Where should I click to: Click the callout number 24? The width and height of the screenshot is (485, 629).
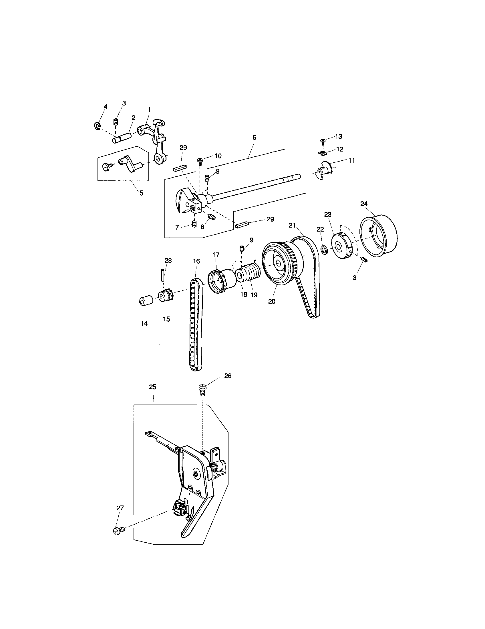coord(364,204)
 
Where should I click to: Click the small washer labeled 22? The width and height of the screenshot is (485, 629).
coord(324,248)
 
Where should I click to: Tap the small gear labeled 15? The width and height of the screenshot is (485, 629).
coord(165,296)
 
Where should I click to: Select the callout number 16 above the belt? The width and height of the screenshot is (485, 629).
coord(196,261)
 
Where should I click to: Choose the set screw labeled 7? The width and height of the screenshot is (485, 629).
coord(194,224)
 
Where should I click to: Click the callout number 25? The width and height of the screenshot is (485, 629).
coord(153,387)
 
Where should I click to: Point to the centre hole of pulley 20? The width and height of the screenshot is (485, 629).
coord(278,263)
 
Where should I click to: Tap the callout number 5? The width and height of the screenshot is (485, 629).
coord(141,193)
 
